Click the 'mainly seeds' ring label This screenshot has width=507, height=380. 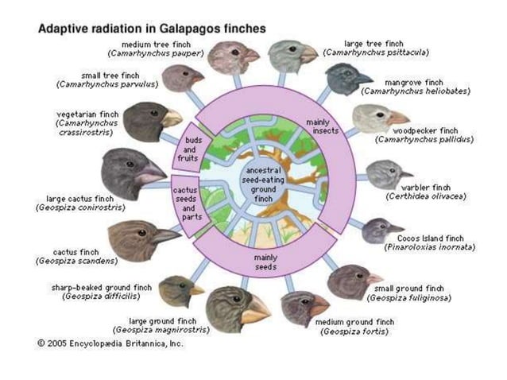click(x=265, y=262)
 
